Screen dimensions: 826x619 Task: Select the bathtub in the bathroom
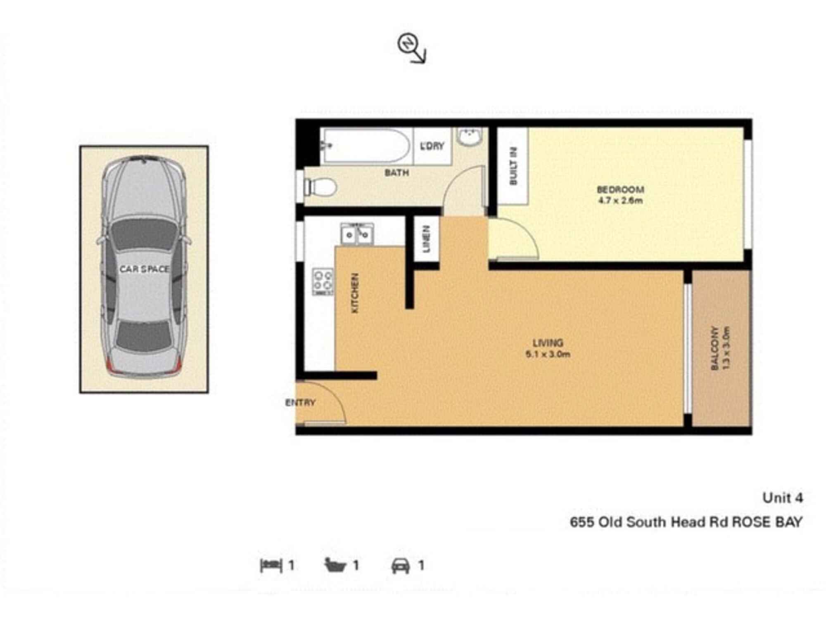click(366, 146)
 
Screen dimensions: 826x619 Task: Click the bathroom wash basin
click(470, 136)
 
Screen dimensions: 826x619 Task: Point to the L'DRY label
click(432, 146)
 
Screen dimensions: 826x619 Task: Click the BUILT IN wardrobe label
click(513, 166)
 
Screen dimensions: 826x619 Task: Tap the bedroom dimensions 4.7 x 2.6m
click(620, 201)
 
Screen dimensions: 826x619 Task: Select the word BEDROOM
click(620, 190)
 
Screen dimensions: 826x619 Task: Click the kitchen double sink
click(357, 234)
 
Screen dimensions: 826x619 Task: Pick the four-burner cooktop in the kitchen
click(323, 281)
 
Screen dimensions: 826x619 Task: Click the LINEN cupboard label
click(427, 239)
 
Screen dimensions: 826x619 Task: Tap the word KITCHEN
click(355, 293)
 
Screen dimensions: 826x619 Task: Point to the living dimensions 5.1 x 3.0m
click(548, 354)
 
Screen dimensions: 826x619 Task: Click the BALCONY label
click(715, 348)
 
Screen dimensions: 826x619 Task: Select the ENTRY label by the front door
click(300, 402)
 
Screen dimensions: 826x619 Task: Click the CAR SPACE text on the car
click(144, 269)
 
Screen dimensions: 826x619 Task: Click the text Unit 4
click(783, 498)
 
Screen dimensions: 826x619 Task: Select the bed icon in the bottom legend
click(271, 565)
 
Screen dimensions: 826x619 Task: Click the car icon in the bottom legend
click(401, 565)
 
